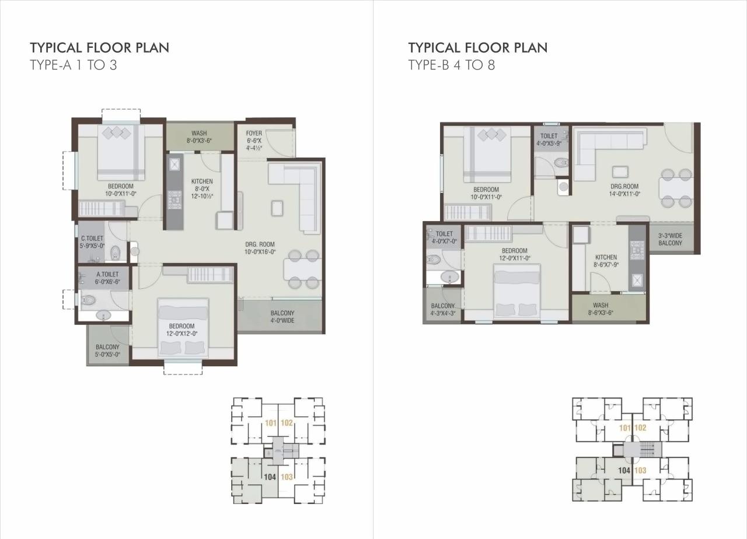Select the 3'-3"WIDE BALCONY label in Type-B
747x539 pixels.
(671, 239)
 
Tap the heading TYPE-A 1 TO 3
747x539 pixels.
(74, 65)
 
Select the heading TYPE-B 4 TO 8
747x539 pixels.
(452, 65)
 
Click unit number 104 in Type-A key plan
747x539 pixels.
(270, 477)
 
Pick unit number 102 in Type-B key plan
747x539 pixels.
(640, 428)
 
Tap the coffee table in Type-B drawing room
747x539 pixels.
(620, 171)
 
